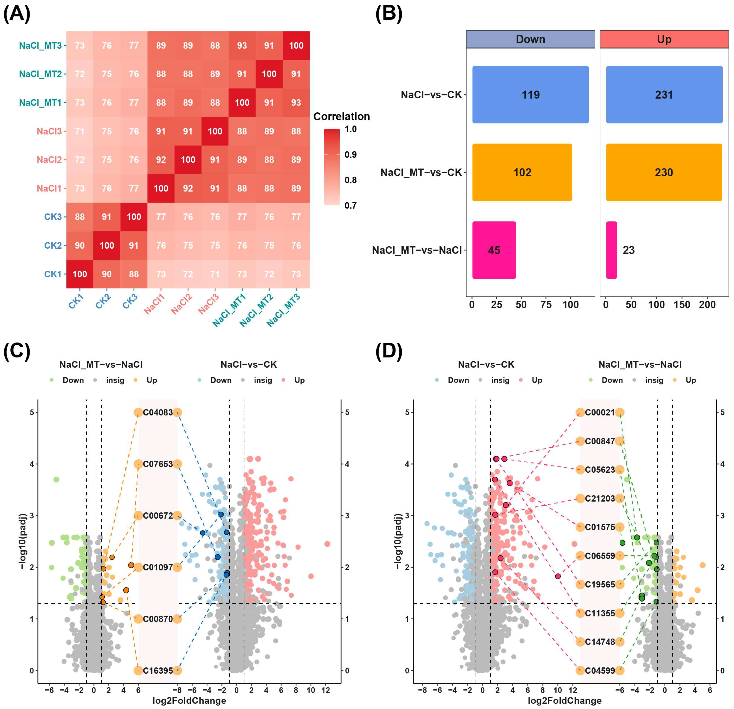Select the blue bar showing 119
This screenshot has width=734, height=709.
tap(530, 95)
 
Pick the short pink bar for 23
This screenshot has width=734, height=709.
tap(611, 250)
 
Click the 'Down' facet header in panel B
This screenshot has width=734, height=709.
tap(530, 39)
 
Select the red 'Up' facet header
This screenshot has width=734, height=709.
tap(664, 39)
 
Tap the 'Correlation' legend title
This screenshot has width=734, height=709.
tap(341, 116)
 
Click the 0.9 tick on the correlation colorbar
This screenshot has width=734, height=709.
tap(350, 155)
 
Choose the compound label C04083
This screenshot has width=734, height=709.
tap(158, 412)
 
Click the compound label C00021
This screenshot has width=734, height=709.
tap(600, 412)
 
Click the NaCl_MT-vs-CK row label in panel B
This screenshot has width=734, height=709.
tap(421, 173)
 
